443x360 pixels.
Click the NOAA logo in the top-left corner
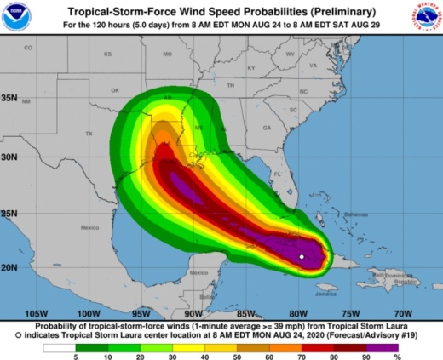pos(17,16)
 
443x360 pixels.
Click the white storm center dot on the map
pos(302,256)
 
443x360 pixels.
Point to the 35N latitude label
pos(9,98)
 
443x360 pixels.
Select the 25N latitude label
pos(9,212)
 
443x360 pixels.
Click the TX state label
pos(89,134)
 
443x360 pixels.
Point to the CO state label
pos(28,48)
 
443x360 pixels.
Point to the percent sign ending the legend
pos(419,357)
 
